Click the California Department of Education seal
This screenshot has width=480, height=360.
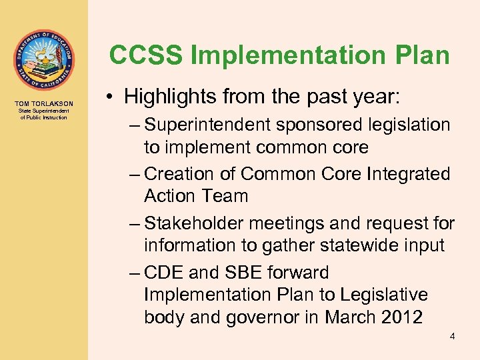pyautogui.click(x=43, y=60)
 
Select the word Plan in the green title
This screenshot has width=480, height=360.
pyautogui.click(x=419, y=55)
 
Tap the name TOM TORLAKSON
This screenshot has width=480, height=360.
pyautogui.click(x=43, y=103)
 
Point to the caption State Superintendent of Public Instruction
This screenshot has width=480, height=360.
pyautogui.click(x=43, y=115)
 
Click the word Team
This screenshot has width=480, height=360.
pyautogui.click(x=226, y=196)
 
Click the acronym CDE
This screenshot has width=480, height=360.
pyautogui.click(x=166, y=273)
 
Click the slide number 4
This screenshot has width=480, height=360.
pyautogui.click(x=452, y=337)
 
